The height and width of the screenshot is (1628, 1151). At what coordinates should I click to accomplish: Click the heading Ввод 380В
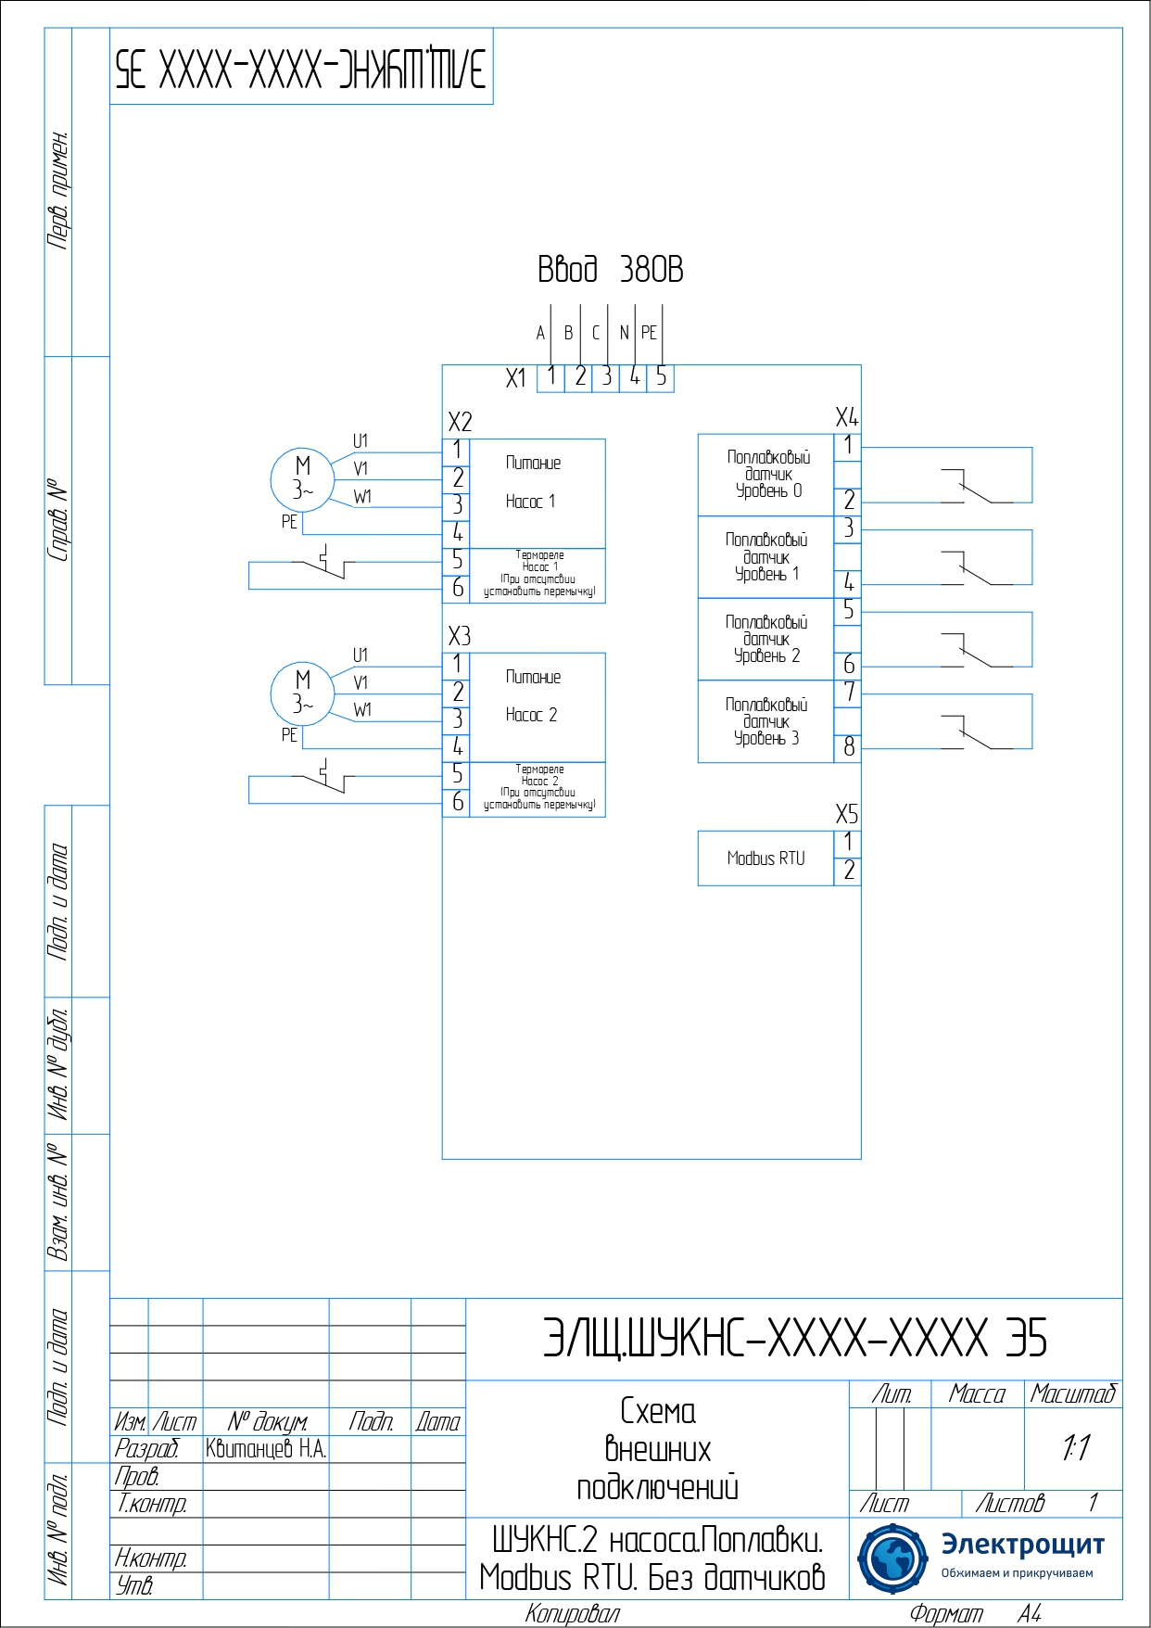click(610, 270)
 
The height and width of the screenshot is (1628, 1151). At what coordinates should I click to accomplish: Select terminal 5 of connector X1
click(661, 376)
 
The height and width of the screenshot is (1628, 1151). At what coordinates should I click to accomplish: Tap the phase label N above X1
click(624, 333)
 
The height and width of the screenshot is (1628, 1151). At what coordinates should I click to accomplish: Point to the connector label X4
click(846, 417)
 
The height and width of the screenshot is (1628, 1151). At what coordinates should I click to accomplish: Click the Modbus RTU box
click(765, 859)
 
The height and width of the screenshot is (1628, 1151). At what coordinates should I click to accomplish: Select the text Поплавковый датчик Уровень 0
click(768, 474)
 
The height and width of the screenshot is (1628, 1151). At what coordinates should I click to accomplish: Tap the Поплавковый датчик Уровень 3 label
click(766, 721)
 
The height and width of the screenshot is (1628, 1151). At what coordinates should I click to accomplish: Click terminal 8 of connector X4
click(848, 747)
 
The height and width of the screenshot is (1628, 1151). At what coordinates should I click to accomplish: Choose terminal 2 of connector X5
click(848, 871)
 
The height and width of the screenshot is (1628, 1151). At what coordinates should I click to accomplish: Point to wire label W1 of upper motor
click(362, 497)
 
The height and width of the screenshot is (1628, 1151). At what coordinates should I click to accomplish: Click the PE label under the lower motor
click(289, 735)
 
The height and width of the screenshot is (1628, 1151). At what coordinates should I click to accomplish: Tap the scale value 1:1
click(1075, 1448)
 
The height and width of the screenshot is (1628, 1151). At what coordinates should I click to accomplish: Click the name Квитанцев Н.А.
click(266, 1449)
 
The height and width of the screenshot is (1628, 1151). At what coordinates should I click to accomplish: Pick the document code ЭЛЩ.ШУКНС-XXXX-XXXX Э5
click(794, 1338)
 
